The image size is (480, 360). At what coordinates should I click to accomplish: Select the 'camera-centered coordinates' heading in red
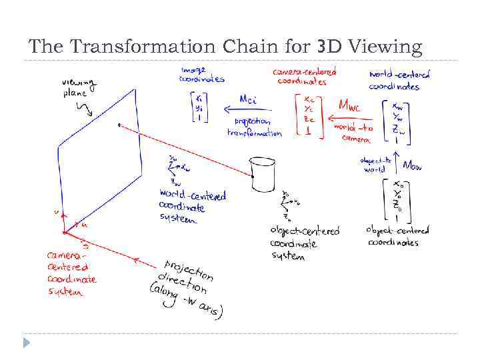click(x=304, y=76)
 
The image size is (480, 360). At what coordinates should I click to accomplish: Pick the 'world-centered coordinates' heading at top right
click(x=399, y=79)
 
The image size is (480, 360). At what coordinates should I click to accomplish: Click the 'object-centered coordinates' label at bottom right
click(x=397, y=236)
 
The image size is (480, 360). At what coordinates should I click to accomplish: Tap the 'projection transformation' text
click(x=254, y=127)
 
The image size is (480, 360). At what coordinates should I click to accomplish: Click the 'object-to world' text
click(x=375, y=165)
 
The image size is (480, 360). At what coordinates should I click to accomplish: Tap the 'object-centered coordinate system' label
click(x=304, y=243)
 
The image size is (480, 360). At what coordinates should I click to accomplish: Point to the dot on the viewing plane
click(x=119, y=125)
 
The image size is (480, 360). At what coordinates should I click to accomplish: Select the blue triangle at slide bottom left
click(x=26, y=343)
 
